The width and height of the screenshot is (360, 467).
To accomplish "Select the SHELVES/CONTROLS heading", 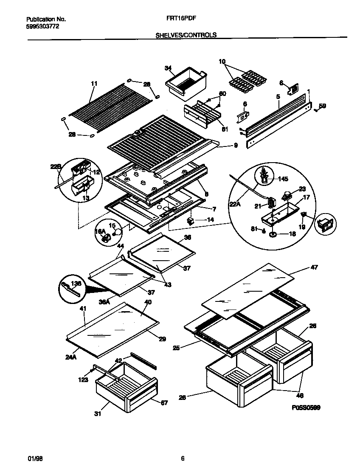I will pyautogui.click(x=186, y=35).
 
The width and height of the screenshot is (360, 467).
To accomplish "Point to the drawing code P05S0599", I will pyautogui.click(x=306, y=408).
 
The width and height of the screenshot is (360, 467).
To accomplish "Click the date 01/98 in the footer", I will pyautogui.click(x=34, y=458).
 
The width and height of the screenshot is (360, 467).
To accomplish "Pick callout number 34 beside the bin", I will pyautogui.click(x=168, y=68).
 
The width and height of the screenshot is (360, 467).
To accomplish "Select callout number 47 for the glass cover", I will pyautogui.click(x=314, y=267).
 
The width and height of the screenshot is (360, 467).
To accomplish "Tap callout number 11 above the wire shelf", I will pyautogui.click(x=94, y=83).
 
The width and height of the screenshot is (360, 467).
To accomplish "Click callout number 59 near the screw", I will pyautogui.click(x=323, y=106).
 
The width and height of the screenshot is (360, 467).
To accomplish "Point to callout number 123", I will pyautogui.click(x=83, y=380).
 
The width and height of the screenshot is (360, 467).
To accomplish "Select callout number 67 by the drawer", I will pyautogui.click(x=164, y=402).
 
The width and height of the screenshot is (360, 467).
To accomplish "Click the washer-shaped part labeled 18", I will pyautogui.click(x=273, y=234).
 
